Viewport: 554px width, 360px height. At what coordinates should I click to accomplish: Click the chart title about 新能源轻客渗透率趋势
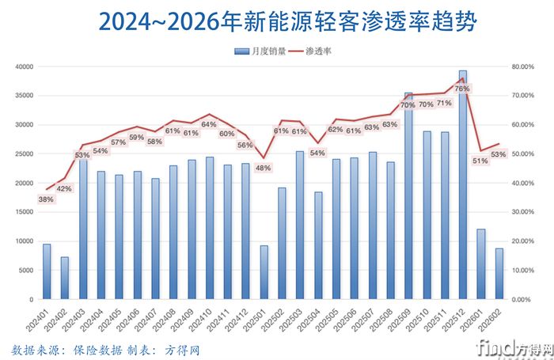tap(277, 21)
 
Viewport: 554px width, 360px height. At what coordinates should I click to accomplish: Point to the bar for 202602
tap(499, 274)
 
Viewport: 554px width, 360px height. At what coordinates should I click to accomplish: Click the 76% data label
tap(462, 89)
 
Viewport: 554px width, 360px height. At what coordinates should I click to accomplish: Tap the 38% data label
tap(46, 199)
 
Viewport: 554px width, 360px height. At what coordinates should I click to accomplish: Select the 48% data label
tap(263, 168)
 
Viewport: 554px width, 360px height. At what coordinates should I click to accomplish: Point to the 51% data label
tap(480, 161)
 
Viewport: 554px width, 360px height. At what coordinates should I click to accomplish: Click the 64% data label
tap(209, 124)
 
